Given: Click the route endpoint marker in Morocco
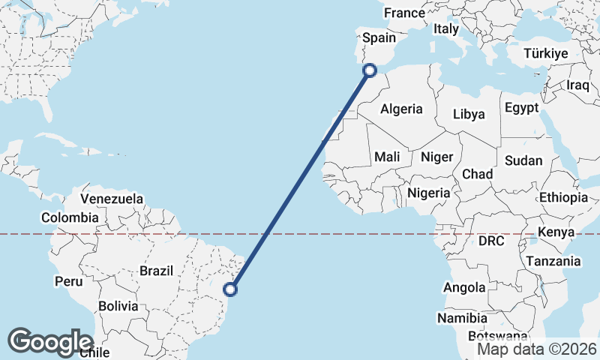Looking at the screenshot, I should tap(369, 70).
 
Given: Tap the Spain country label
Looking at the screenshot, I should tap(379, 38).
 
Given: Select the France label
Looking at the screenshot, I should tap(404, 13).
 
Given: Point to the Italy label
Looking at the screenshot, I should tap(446, 28).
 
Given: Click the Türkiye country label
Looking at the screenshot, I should tap(546, 53).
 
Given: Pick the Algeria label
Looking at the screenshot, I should tap(401, 109).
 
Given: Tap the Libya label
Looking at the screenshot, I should tap(469, 115).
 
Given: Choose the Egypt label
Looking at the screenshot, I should tap(521, 107).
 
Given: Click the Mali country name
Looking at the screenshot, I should tap(387, 157).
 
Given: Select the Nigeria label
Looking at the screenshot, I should tap(429, 193).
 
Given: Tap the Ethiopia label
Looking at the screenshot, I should tap(563, 198).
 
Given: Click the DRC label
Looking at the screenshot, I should tap(492, 241).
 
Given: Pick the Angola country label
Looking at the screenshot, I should tap(464, 287).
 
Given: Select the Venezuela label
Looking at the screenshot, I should tap(112, 199).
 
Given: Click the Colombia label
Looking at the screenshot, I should tap(70, 217).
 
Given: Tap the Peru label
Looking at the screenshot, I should tap(68, 281).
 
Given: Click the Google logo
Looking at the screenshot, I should tap(50, 341).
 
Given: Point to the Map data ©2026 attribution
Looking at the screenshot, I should tap(537, 349).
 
